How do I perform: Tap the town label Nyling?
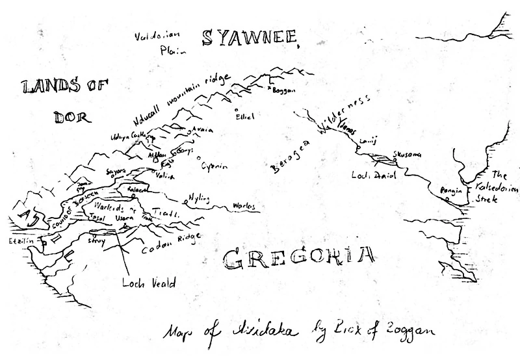pyautogui.click(x=200, y=197)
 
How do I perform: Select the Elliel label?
pyautogui.click(x=246, y=116)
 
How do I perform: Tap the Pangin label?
pyautogui.click(x=449, y=190)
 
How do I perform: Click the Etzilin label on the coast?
pyautogui.click(x=20, y=240)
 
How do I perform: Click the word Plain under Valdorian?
pyautogui.click(x=172, y=48)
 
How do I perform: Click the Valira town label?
pyautogui.click(x=167, y=175)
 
